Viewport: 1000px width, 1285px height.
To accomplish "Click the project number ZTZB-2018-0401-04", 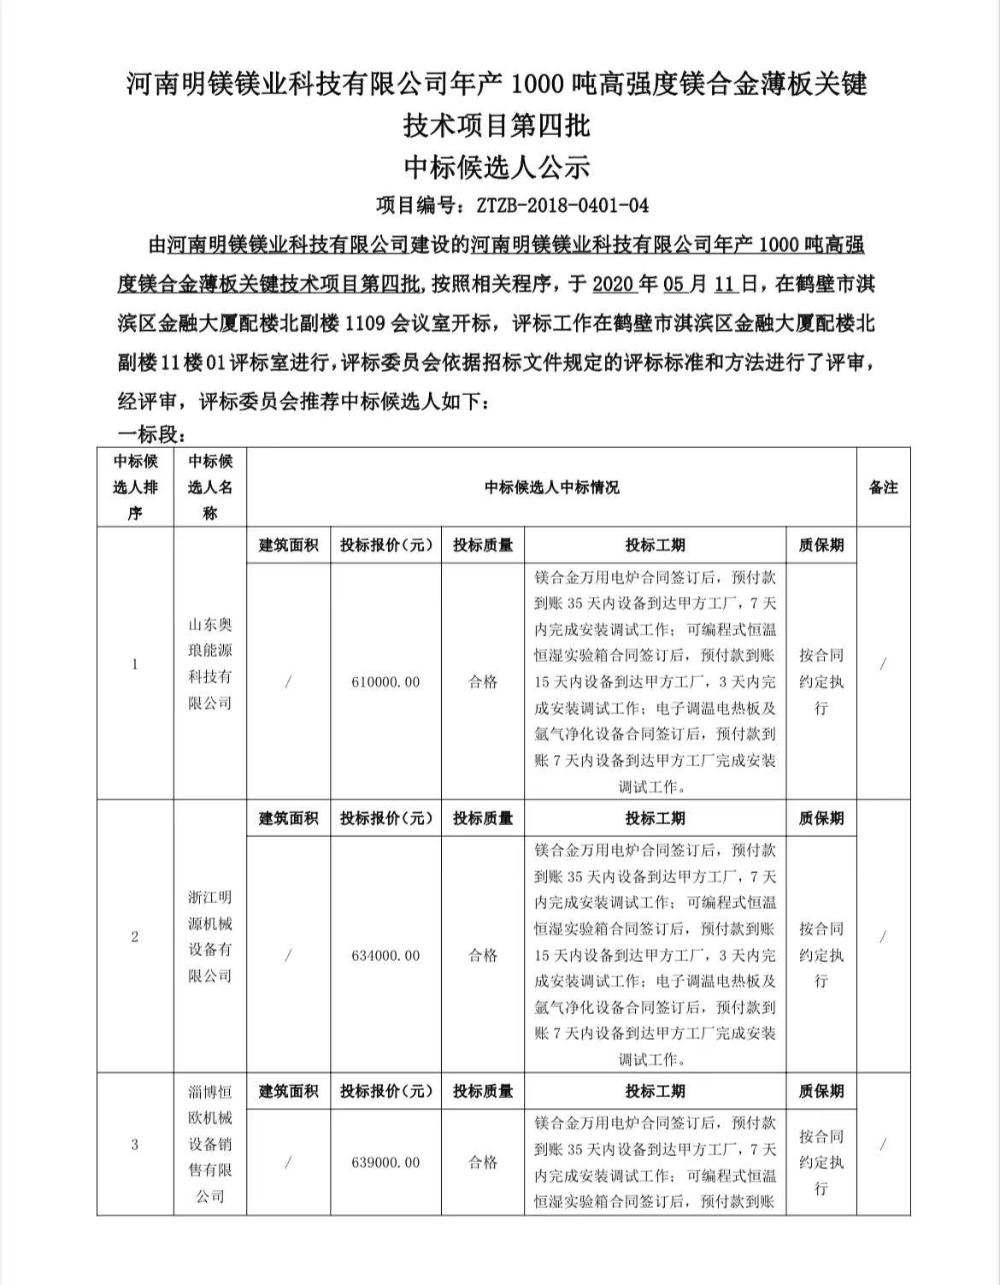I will click(x=562, y=205).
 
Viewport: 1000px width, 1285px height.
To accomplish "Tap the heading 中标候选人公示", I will click(x=497, y=167).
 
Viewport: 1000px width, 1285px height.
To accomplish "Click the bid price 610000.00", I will click(x=385, y=682).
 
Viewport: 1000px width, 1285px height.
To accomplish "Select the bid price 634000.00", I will click(x=385, y=956).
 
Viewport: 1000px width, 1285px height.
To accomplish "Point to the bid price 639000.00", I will click(x=385, y=1163).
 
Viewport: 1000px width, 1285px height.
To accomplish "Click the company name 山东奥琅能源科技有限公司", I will click(x=210, y=664).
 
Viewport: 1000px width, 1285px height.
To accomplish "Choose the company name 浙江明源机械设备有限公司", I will click(x=210, y=937).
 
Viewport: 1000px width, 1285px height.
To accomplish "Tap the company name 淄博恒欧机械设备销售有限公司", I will click(x=210, y=1144).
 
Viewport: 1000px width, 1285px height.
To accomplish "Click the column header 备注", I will click(x=883, y=487).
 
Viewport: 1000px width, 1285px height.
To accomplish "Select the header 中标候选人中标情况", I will click(x=551, y=487).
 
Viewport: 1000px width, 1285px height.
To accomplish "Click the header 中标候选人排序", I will click(x=135, y=487).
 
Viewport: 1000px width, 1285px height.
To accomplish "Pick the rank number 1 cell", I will click(x=135, y=664).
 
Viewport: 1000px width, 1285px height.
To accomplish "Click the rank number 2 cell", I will click(x=135, y=937).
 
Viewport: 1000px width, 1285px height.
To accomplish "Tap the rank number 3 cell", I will click(x=135, y=1145).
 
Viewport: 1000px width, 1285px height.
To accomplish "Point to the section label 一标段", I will click(x=150, y=434).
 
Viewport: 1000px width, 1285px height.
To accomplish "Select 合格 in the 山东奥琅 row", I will click(x=483, y=682).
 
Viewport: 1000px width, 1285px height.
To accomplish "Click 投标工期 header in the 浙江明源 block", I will click(x=655, y=818).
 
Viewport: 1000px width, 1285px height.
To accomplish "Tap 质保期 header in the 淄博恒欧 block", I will click(x=821, y=1091).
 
